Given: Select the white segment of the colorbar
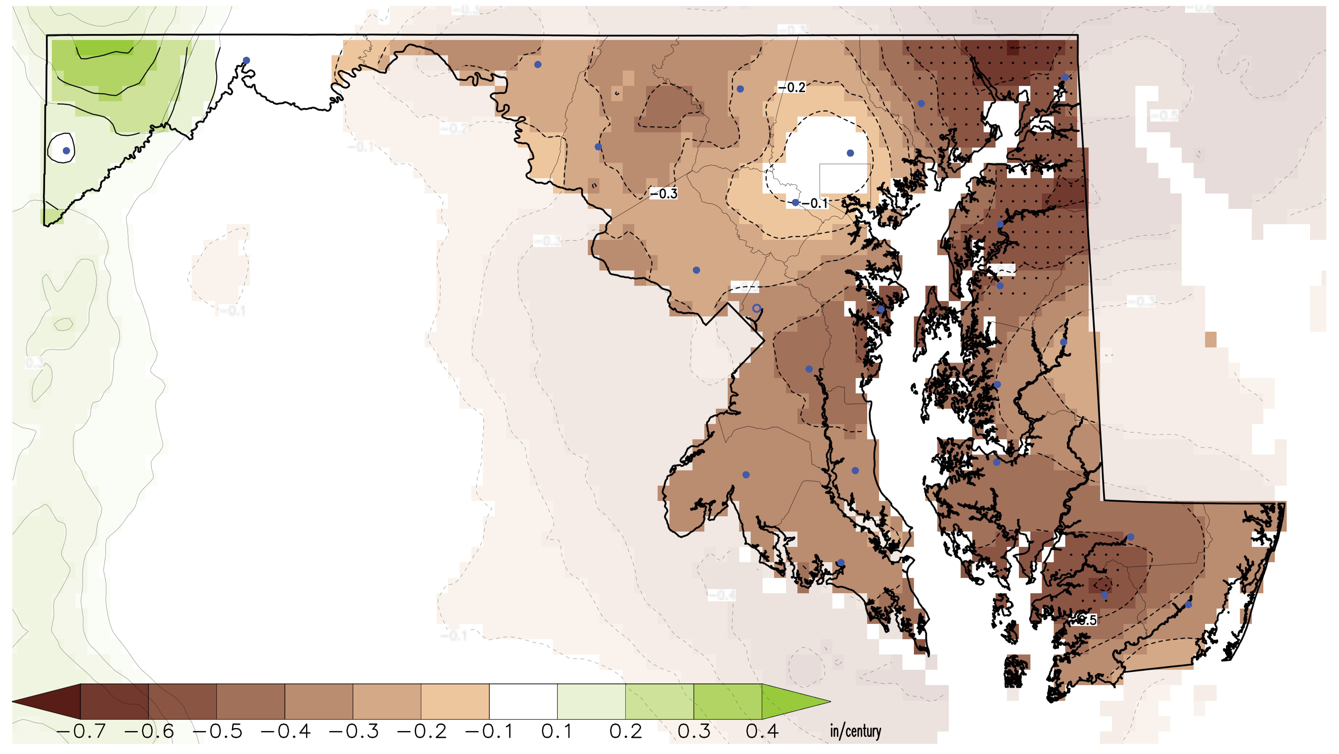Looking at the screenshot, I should [523, 701].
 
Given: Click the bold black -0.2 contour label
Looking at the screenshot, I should [792, 87].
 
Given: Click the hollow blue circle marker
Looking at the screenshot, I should [757, 308].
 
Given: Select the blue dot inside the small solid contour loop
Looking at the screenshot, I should [66, 151].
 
